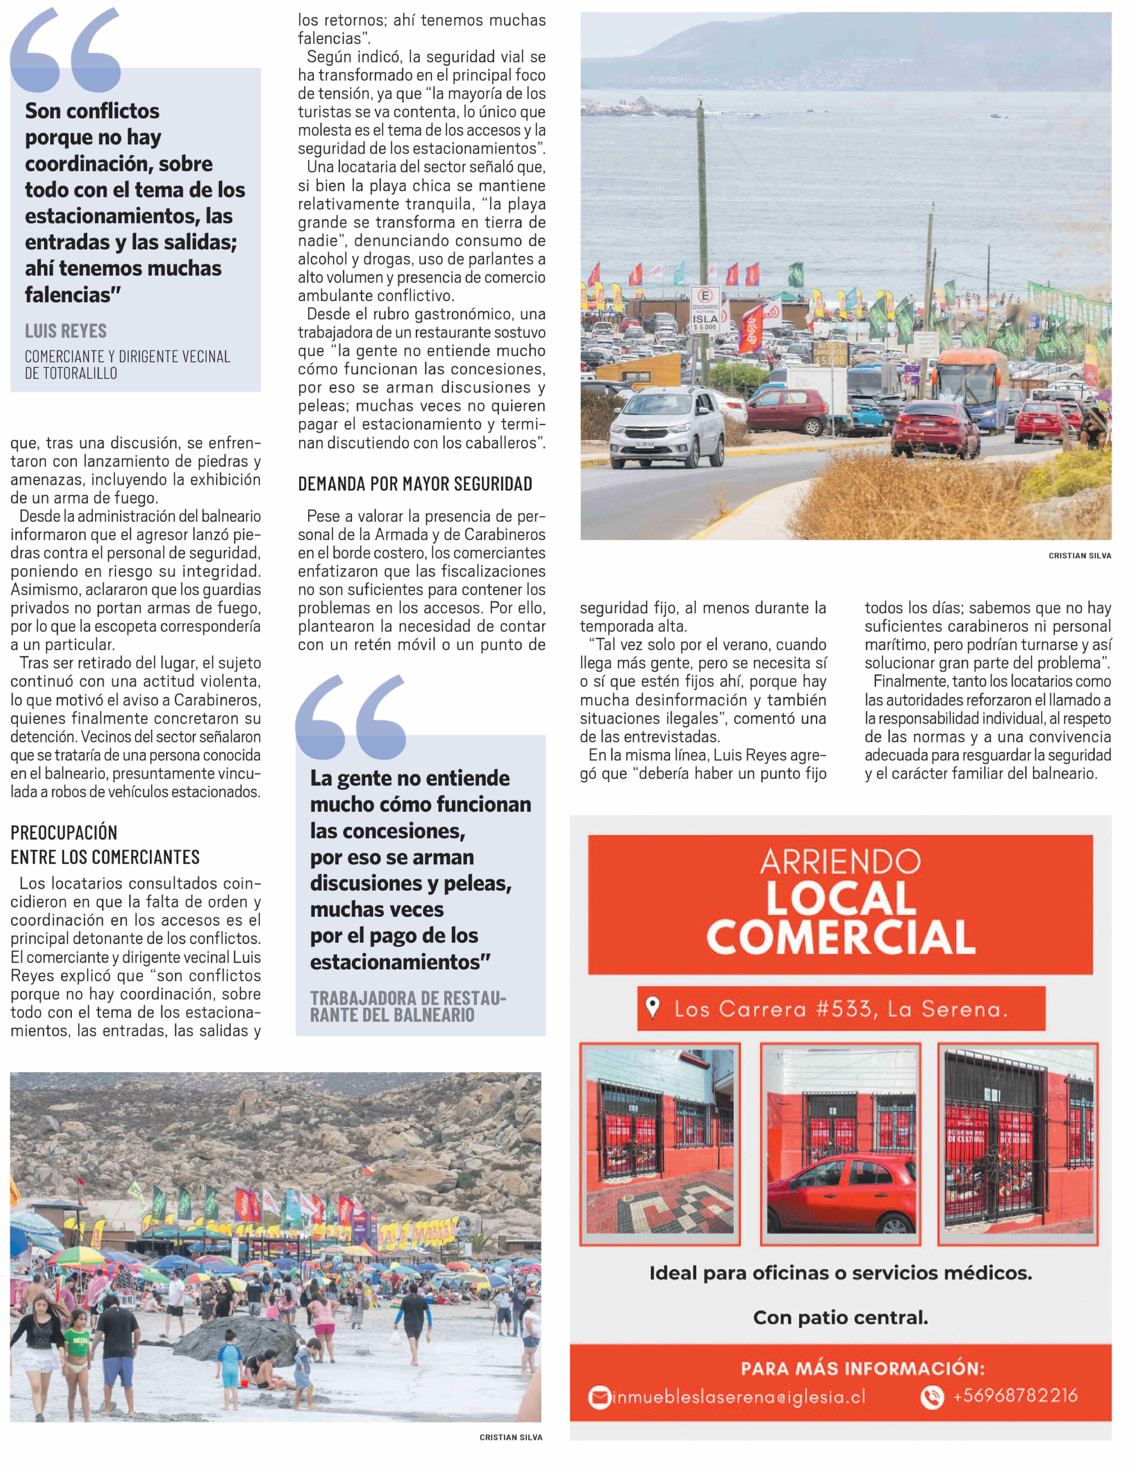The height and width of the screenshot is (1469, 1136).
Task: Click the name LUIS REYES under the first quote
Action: [x=66, y=331]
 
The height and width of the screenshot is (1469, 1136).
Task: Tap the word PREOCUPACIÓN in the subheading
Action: [x=64, y=833]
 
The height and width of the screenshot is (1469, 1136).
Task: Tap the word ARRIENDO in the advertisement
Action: [x=840, y=862]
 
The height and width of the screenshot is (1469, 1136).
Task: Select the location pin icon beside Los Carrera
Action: [x=651, y=1008]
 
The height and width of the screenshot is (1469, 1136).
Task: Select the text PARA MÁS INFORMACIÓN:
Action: [x=862, y=1368]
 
